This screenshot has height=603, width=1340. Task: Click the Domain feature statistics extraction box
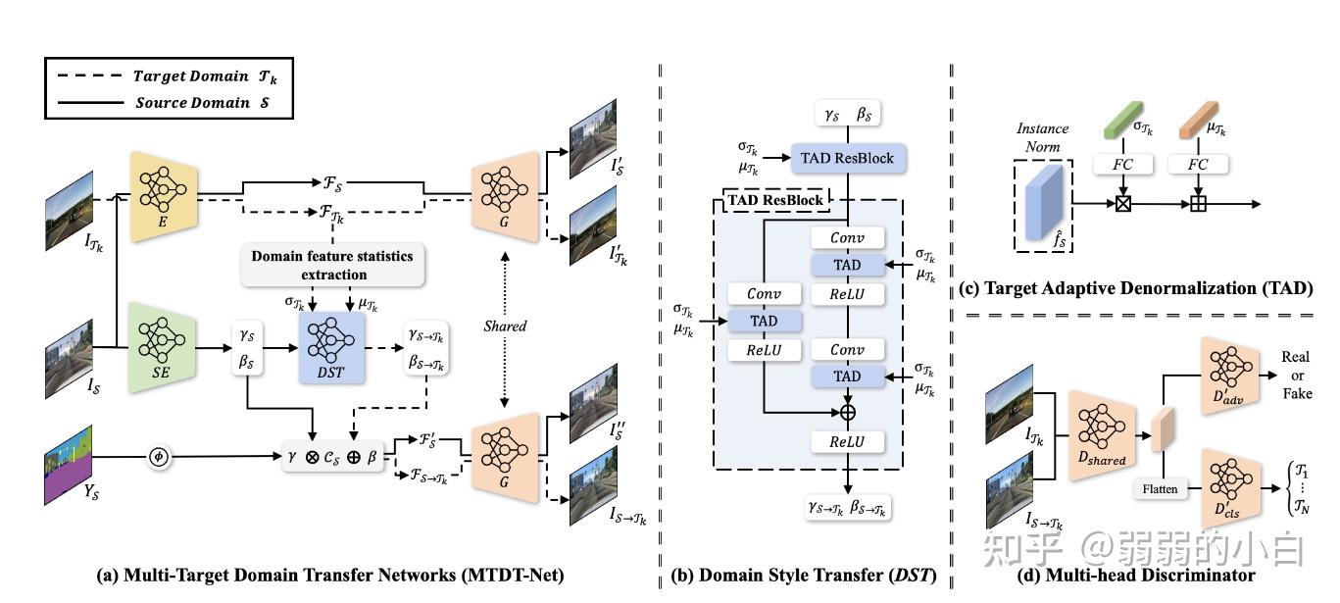point(331,266)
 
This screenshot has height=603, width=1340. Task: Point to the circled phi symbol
point(159,456)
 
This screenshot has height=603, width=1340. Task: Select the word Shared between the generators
point(505,326)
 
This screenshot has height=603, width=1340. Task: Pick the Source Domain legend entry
point(206,102)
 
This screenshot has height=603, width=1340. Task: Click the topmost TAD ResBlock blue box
point(847,158)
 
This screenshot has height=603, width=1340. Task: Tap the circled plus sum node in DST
point(848,413)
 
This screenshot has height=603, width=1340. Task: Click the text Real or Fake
point(1296,375)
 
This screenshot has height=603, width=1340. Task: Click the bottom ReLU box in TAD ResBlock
point(848,442)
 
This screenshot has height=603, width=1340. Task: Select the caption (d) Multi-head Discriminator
point(1136,577)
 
